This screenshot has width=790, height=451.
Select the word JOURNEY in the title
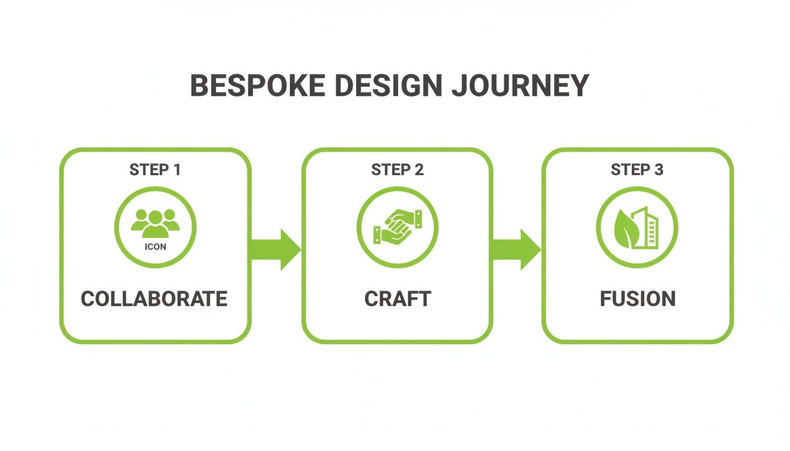[x=520, y=86]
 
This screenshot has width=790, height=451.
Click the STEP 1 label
[x=155, y=170]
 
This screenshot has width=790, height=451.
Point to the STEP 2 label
[x=397, y=170]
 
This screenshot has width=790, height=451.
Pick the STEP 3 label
[x=637, y=170]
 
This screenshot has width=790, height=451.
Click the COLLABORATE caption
[x=154, y=298]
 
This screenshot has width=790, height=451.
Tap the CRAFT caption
[x=397, y=298]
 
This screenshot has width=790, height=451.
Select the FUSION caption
[x=638, y=298]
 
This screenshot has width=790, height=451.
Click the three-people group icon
[x=155, y=223]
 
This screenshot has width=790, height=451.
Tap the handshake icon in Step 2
[x=397, y=227]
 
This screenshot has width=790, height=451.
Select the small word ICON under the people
[x=155, y=247]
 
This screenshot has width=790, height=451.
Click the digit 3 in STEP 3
[x=658, y=170]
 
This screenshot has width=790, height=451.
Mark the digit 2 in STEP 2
[x=419, y=170]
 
